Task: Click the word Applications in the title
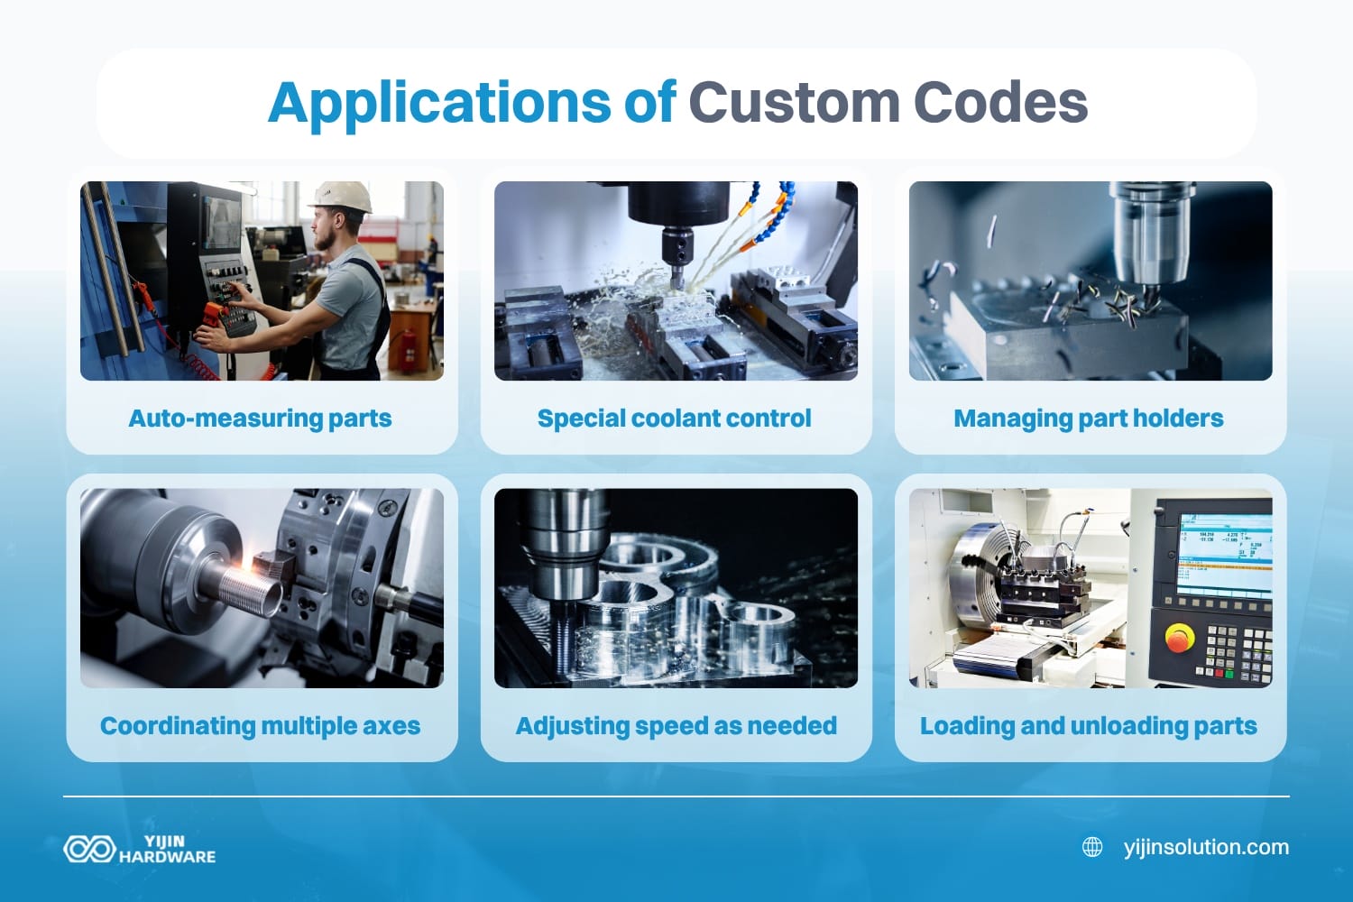(439, 103)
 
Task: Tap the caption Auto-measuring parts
(260, 419)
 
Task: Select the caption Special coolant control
(675, 419)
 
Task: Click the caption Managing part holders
(1089, 419)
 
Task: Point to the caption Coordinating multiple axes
(260, 726)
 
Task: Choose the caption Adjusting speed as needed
(676, 726)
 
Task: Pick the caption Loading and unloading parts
(1089, 726)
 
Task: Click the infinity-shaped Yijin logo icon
(88, 849)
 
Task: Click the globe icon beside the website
(1092, 847)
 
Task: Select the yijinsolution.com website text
(1206, 847)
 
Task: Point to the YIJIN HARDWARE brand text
(167, 849)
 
